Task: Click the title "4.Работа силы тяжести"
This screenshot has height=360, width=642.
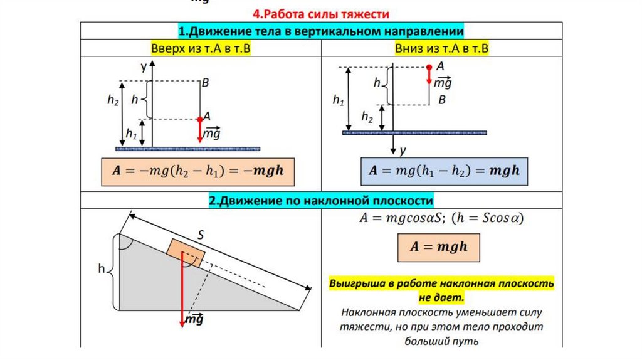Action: (x=321, y=13)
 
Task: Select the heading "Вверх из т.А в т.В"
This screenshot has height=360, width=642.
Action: (x=201, y=48)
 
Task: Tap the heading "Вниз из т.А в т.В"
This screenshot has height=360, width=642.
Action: (x=441, y=48)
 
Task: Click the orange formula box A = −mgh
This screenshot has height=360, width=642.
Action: (x=197, y=170)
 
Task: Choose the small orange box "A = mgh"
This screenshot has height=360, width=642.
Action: (x=439, y=246)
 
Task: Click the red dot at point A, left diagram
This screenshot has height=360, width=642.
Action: (x=200, y=119)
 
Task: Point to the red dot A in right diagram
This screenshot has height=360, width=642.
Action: (x=429, y=66)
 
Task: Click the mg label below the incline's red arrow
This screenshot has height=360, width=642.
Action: (x=196, y=320)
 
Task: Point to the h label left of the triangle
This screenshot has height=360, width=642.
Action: (x=101, y=269)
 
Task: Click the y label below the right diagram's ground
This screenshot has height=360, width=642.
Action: (x=403, y=151)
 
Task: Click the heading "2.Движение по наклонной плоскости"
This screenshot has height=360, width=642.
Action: (x=321, y=201)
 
